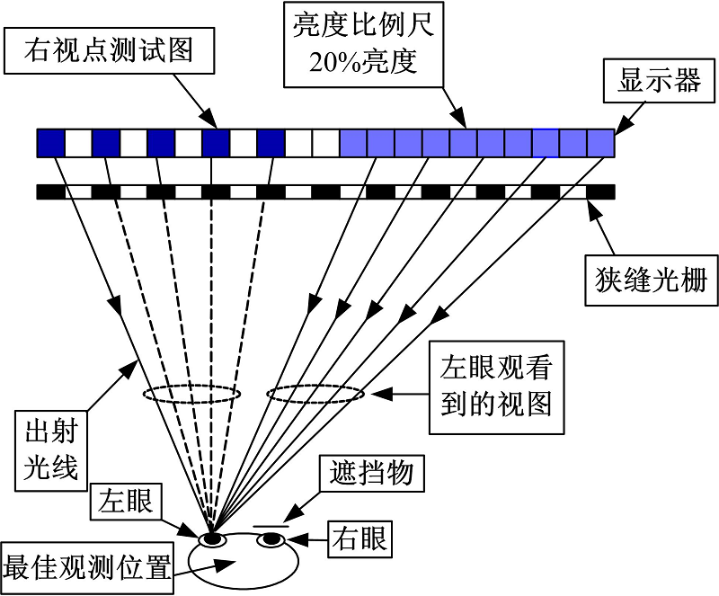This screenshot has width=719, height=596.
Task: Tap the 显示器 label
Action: click(x=659, y=82)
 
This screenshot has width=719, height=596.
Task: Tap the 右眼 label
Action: click(x=361, y=538)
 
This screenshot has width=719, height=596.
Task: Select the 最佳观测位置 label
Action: click(x=87, y=567)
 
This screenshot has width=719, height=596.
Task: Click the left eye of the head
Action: click(x=213, y=538)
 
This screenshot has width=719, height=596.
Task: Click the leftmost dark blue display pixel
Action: click(x=51, y=143)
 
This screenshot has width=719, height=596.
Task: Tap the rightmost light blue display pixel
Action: click(x=600, y=143)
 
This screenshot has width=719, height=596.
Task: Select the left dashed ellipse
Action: click(x=191, y=394)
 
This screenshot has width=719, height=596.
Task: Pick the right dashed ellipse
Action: click(x=315, y=394)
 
